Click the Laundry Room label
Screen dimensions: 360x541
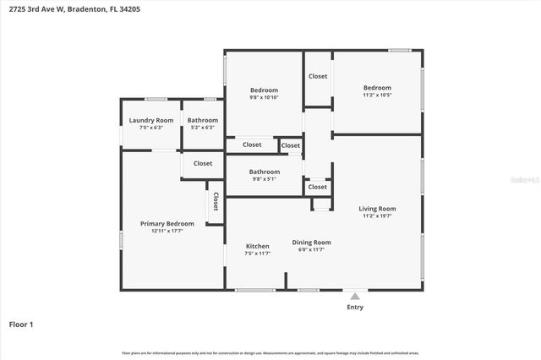(152, 121)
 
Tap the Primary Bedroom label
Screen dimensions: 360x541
(167, 224)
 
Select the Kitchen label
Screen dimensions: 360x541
(257, 246)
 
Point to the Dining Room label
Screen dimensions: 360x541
(311, 243)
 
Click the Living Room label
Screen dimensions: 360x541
(377, 209)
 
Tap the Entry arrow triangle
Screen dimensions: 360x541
(355, 296)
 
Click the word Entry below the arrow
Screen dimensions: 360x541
(355, 307)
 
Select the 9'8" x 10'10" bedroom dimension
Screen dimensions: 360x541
(264, 97)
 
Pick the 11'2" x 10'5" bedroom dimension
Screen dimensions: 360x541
(377, 95)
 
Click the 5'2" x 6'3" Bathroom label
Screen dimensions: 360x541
(202, 128)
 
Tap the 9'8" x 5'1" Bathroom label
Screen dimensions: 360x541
(264, 179)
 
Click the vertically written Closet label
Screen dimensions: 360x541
(216, 202)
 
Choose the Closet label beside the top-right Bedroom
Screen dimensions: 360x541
(318, 76)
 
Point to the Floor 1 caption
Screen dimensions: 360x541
(21, 324)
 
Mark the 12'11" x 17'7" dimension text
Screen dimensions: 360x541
(167, 231)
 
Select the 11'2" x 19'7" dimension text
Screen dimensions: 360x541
(377, 216)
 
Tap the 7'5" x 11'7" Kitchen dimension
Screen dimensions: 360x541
(257, 254)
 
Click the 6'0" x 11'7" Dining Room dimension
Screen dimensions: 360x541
(311, 250)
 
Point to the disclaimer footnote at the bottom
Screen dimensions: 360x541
(270, 352)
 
